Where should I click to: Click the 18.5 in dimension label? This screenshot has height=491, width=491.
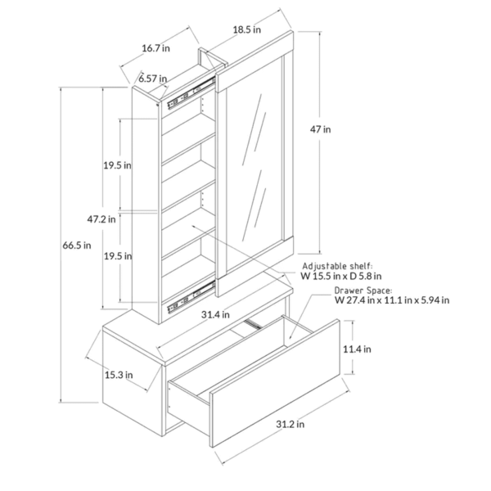click(x=247, y=29)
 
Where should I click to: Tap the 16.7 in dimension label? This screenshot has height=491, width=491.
click(x=156, y=48)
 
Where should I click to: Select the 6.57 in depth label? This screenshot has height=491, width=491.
click(x=153, y=79)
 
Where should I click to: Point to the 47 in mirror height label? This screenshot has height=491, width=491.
click(x=320, y=129)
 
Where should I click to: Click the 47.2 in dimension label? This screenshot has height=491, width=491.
click(x=101, y=219)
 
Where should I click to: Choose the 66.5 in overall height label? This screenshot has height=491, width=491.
click(x=77, y=245)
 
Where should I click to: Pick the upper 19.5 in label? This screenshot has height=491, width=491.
click(x=117, y=165)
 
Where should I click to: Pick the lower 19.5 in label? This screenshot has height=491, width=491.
click(x=118, y=256)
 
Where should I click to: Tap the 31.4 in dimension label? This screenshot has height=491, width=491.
click(x=215, y=314)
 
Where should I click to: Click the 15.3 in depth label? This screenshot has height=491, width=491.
click(x=119, y=375)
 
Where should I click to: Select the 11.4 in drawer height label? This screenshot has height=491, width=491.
click(x=357, y=349)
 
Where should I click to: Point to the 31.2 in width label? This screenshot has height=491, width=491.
click(x=290, y=424)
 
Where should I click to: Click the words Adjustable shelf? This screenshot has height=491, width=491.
click(x=337, y=266)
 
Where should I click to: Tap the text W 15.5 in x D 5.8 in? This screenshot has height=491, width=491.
click(x=341, y=277)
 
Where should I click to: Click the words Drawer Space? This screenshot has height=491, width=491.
click(x=363, y=291)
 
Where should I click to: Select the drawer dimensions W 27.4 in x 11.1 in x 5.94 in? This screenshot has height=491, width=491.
click(x=392, y=300)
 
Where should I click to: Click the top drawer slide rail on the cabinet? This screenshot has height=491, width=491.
click(x=191, y=93)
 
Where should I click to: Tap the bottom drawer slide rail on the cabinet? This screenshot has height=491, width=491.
click(x=191, y=297)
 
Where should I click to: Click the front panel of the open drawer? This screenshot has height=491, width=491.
click(x=275, y=383)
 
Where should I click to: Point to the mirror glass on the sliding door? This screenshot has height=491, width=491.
click(x=254, y=163)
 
